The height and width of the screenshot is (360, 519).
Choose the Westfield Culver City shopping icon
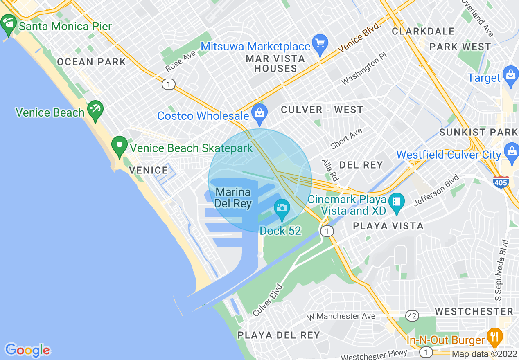(512, 152)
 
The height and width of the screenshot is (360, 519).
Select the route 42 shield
(412, 315)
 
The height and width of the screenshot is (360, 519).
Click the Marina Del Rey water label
(233, 198)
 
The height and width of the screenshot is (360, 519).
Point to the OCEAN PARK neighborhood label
(91, 62)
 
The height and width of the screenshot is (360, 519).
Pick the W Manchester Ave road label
(341, 316)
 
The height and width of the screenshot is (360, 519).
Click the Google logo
(27, 350)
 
